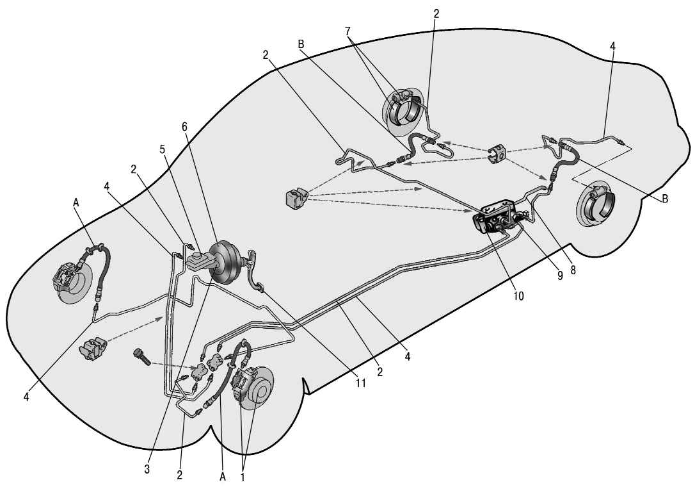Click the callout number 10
pyautogui.click(x=518, y=295)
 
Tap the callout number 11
pyautogui.click(x=361, y=383)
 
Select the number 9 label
pyautogui.click(x=560, y=276)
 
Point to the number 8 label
pyautogui.click(x=573, y=270)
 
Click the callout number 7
pyautogui.click(x=347, y=31)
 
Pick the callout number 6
pyautogui.click(x=184, y=127)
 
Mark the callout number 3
pyautogui.click(x=147, y=469)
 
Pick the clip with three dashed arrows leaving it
pyautogui.click(x=296, y=197)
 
